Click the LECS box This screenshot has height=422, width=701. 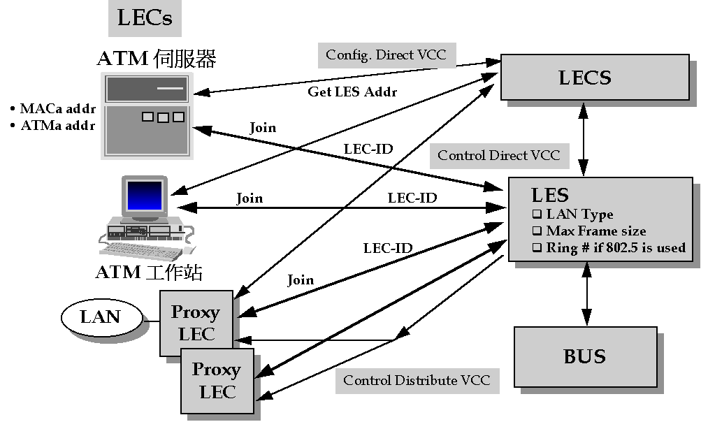point(585,78)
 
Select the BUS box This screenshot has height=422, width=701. point(585,357)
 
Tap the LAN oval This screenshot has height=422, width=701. point(101,317)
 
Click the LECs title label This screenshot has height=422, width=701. point(145,17)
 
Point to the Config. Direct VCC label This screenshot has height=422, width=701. point(386,55)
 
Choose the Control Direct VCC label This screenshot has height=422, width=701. point(499,155)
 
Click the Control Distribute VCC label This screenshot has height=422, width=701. point(417,381)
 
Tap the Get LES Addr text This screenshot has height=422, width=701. point(352,92)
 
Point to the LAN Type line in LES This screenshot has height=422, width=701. point(579,214)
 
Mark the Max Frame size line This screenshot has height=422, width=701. point(595,231)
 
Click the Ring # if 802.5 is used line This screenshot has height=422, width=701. point(615,247)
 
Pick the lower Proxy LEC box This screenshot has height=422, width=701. point(217,381)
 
